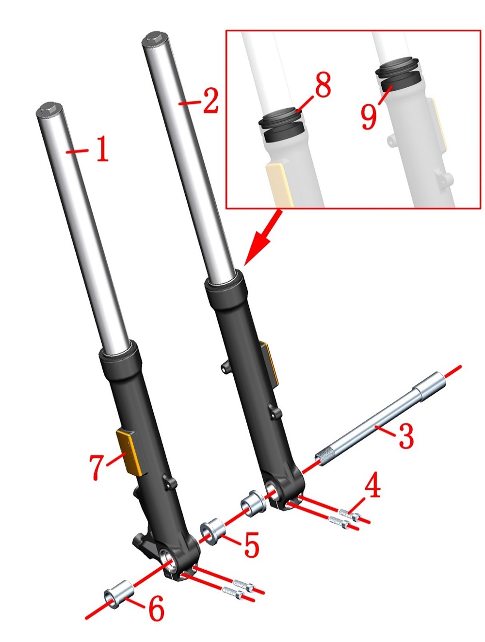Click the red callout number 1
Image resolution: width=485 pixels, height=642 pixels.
click(x=103, y=149)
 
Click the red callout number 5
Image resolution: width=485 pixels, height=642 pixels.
click(x=252, y=544)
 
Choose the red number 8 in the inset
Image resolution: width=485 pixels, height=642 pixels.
click(x=323, y=84)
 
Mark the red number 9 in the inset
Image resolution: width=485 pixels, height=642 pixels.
click(x=369, y=117)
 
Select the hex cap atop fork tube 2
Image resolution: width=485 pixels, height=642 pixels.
click(x=155, y=37)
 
